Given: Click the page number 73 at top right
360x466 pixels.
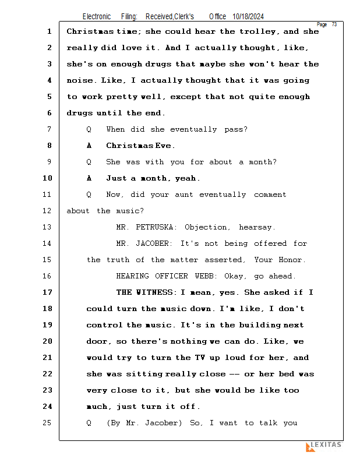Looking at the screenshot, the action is point(334,24).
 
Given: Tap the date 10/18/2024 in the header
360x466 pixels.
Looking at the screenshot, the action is point(248,16).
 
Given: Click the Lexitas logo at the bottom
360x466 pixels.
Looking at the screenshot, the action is point(324,446).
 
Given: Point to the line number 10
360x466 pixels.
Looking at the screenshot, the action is point(48,178).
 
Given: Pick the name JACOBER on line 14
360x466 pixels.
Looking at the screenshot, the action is point(153,243).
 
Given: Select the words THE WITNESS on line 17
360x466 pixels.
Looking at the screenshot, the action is point(144,292).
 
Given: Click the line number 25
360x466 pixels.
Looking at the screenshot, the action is point(48,423).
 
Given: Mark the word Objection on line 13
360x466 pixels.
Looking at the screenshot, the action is point(206,227).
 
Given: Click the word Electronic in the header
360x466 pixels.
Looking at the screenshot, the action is point(97,16).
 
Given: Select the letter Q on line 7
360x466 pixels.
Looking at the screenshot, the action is point(89,129).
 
